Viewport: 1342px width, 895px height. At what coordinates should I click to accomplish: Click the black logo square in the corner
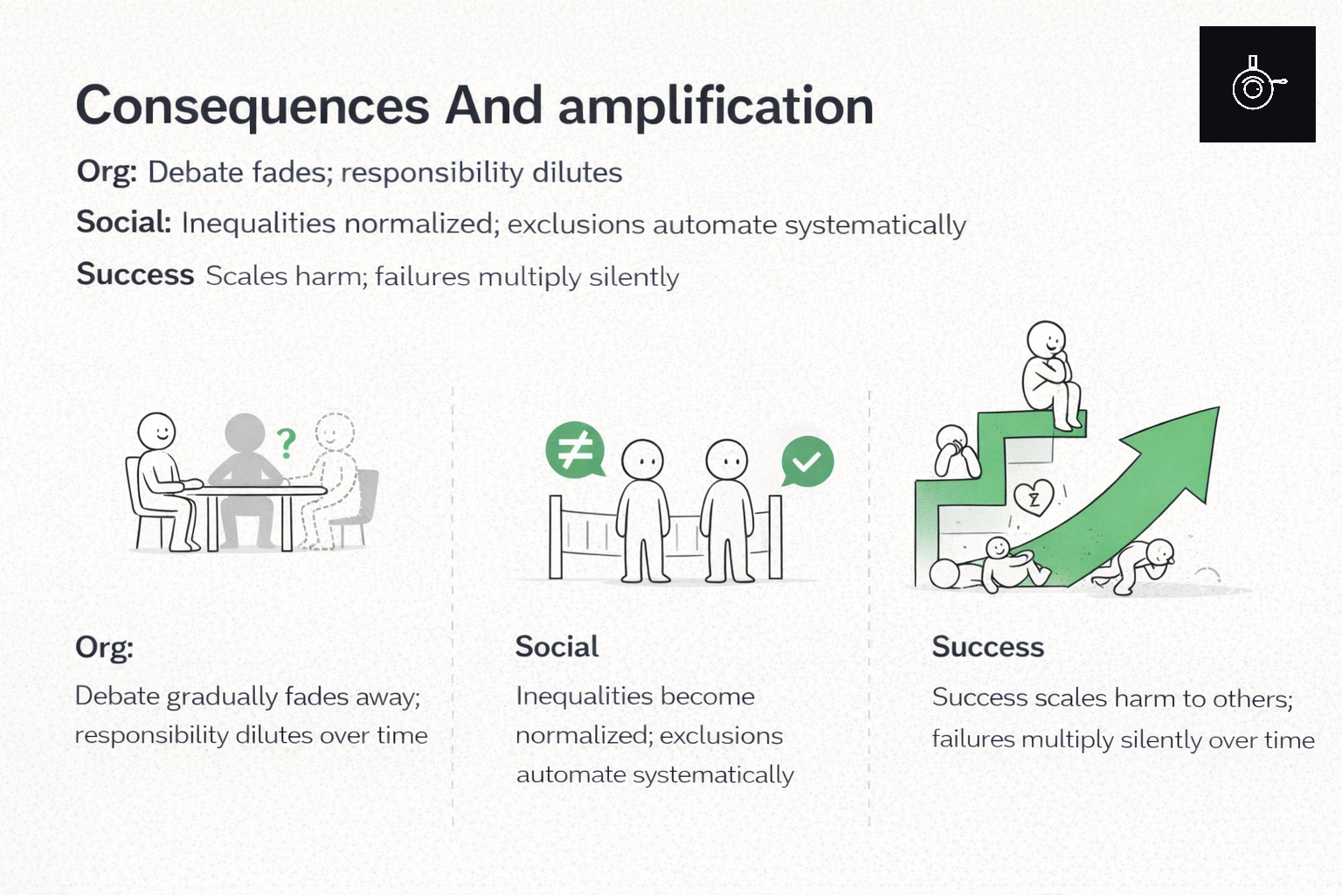pyautogui.click(x=1256, y=84)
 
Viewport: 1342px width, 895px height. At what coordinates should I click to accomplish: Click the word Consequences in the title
pyautogui.click(x=252, y=106)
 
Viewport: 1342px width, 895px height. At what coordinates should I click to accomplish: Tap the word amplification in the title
pyautogui.click(x=716, y=106)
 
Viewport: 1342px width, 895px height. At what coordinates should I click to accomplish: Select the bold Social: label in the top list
pyautogui.click(x=123, y=222)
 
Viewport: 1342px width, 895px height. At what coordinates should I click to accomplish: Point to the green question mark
pyautogui.click(x=286, y=443)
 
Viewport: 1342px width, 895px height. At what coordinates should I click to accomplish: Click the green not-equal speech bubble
pyautogui.click(x=575, y=450)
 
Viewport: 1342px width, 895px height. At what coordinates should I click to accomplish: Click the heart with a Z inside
pyautogui.click(x=1034, y=498)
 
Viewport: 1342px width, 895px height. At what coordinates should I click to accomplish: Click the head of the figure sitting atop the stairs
pyautogui.click(x=1046, y=339)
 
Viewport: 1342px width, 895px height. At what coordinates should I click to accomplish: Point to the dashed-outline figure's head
pyautogui.click(x=335, y=431)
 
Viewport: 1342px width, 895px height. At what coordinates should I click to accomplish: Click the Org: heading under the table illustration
pyautogui.click(x=104, y=647)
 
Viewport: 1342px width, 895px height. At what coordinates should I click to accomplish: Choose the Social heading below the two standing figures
pyautogui.click(x=557, y=647)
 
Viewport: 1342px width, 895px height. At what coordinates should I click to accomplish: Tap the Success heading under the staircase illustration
pyautogui.click(x=987, y=647)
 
